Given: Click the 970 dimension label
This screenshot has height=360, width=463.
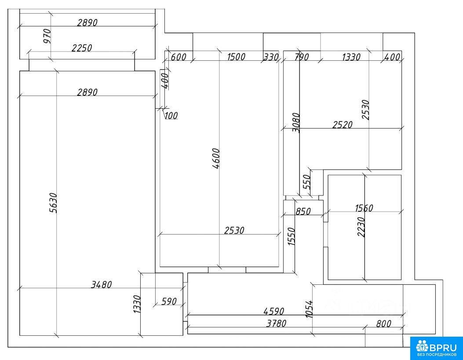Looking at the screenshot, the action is (47, 36).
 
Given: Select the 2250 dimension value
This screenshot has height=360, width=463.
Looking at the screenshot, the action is (82, 48).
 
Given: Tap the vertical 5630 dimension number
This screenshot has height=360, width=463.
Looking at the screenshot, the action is (53, 203).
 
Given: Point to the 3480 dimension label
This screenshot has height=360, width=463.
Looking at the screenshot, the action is (101, 285).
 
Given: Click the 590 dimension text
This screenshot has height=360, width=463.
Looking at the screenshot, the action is (169, 301).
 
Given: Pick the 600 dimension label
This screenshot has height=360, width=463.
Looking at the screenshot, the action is (179, 57).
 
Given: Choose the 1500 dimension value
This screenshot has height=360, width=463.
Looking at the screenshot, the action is (236, 57).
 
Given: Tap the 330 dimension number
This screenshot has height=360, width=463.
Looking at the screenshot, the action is (271, 57).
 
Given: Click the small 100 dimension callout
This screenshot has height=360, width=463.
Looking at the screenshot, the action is (171, 115).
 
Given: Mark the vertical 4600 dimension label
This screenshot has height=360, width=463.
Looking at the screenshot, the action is (216, 158).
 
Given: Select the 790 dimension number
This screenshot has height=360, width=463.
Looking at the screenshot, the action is (301, 57).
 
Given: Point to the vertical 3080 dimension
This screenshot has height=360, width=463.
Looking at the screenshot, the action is (296, 123).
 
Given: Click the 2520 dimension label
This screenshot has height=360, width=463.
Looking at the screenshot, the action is (342, 125).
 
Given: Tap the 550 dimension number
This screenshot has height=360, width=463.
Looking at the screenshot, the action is (307, 182).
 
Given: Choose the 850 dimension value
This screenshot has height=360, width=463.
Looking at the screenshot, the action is (303, 211).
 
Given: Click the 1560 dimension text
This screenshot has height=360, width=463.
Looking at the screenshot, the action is (364, 208).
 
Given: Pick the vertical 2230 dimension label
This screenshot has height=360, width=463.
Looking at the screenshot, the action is (361, 227).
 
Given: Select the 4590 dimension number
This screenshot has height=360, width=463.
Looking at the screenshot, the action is (274, 311).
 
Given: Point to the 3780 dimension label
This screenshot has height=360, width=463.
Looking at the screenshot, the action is (276, 323).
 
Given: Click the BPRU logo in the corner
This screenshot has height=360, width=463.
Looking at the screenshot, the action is (437, 348).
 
